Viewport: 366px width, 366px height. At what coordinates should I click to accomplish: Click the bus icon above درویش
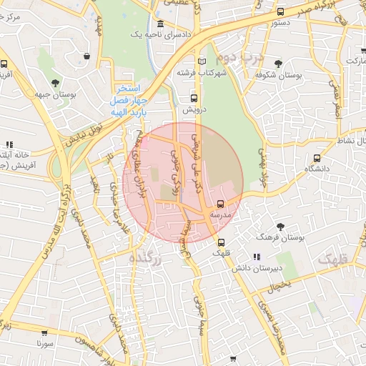click(193, 99)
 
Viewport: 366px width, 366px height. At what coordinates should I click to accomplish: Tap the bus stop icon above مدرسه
click(219, 204)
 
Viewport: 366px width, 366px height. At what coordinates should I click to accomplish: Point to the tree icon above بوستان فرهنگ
click(280, 227)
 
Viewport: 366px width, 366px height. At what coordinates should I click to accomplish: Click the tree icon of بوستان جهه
click(55, 82)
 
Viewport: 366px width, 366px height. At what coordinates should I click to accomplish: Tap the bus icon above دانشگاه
click(317, 158)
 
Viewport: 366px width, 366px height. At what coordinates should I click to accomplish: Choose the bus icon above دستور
click(280, 12)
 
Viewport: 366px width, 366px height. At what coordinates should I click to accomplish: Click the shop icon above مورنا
click(44, 333)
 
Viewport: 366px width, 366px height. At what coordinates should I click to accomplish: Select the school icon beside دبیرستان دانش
click(256, 257)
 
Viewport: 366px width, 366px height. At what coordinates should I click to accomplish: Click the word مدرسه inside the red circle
click(219, 214)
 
